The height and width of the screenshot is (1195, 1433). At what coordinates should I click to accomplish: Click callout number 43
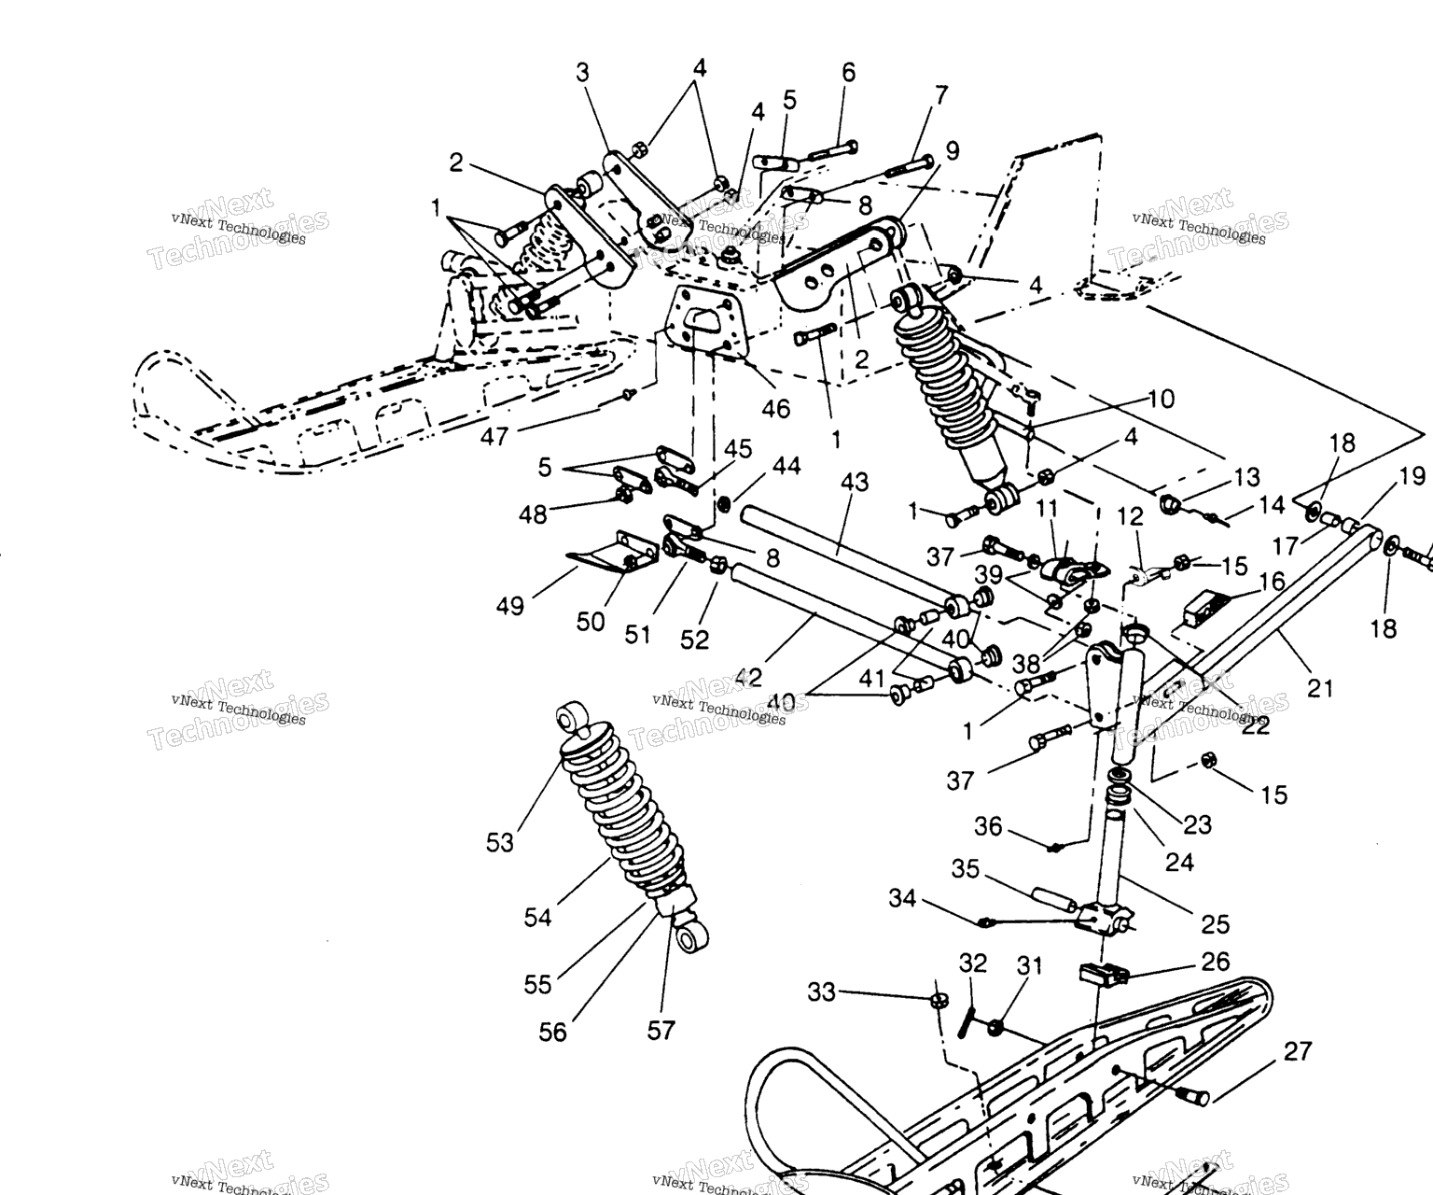coord(855,482)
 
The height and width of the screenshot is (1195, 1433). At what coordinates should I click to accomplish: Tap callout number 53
coord(500,842)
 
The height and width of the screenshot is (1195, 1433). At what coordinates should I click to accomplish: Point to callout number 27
coord(1297,1051)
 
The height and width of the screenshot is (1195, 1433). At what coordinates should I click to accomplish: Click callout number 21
coord(1320,688)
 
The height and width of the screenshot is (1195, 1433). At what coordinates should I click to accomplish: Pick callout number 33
coord(822,991)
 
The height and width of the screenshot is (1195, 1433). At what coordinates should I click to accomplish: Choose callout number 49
coord(510,606)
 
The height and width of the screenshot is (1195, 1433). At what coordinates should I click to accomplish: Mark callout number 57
coord(661,1030)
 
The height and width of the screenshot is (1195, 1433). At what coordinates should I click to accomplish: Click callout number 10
coord(1162,399)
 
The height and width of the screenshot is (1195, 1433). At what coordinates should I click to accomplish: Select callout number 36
coord(988,826)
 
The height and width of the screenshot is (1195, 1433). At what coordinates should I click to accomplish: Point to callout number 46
coord(775,407)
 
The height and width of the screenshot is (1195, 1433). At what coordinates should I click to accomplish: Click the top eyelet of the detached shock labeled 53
coord(568,717)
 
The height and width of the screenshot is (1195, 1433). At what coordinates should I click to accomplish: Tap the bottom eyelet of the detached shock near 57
coord(689,937)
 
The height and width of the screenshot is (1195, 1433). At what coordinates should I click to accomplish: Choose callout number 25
coord(1216,923)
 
